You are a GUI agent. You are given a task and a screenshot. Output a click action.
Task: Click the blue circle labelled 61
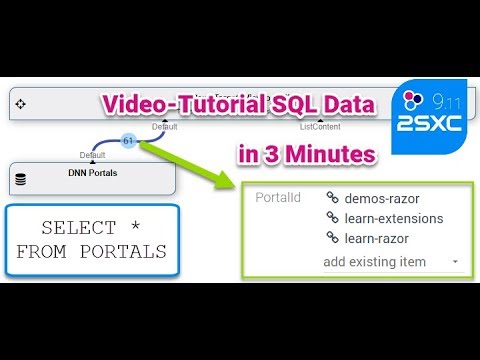tap(129, 141)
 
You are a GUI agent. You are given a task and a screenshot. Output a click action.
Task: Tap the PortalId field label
tap(278, 197)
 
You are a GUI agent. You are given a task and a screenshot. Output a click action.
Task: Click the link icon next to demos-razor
tap(332, 197)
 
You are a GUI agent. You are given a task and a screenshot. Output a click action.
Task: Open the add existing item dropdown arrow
tap(456, 262)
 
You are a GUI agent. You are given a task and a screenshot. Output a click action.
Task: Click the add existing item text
tap(374, 261)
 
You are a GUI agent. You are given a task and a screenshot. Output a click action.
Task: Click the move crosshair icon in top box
tap(21, 104)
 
